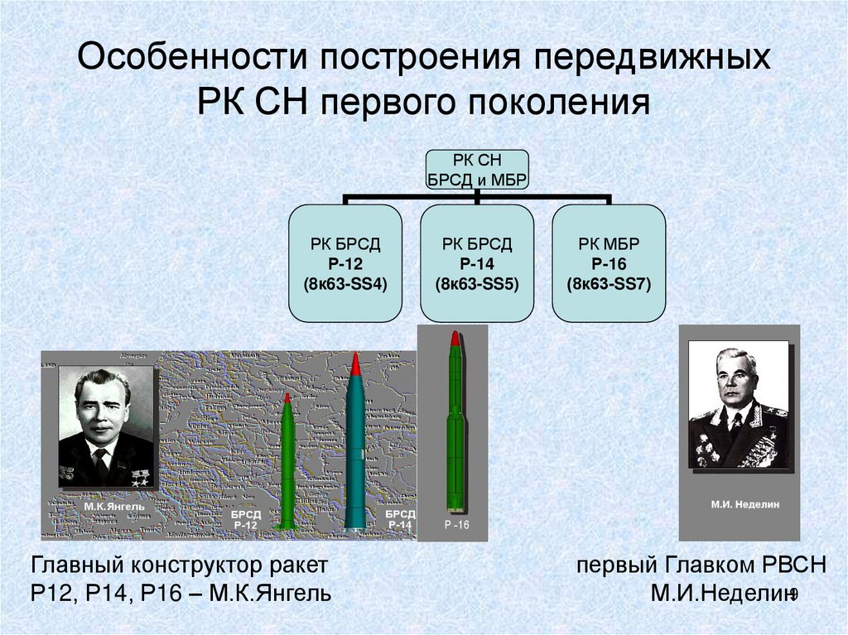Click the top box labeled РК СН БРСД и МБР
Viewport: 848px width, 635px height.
click(x=476, y=171)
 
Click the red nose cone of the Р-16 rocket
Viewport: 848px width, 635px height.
click(x=455, y=339)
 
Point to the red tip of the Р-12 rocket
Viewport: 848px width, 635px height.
click(x=287, y=397)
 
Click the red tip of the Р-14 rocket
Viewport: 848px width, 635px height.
click(x=354, y=363)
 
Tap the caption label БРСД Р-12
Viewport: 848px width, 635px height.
click(x=246, y=520)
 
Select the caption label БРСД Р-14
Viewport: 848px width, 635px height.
click(x=400, y=520)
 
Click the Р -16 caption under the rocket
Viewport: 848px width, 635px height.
click(x=456, y=527)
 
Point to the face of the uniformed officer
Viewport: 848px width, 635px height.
click(x=735, y=381)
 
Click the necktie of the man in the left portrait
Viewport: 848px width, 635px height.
click(x=100, y=464)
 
